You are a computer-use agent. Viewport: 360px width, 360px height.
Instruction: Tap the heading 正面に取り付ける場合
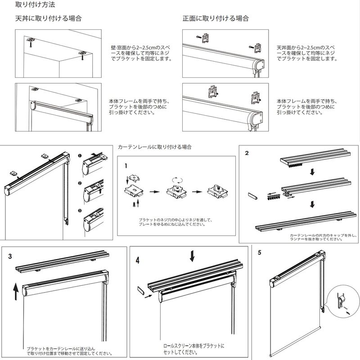point(216,19)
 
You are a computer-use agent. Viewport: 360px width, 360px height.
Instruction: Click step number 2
point(247,153)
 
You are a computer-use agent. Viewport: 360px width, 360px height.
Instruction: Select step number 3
point(10,256)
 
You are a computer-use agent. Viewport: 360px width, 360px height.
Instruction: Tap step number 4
point(138,260)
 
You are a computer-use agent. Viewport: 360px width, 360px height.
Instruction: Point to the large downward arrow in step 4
point(193,256)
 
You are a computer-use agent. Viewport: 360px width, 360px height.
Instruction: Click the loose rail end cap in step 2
point(252,197)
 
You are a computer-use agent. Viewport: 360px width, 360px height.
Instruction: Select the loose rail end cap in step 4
point(140,290)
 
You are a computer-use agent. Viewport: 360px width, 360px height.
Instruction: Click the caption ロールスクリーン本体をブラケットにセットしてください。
point(194,349)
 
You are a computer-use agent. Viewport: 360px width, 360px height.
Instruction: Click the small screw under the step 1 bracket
point(134,204)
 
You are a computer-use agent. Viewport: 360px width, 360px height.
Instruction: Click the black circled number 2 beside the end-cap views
point(80,183)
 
